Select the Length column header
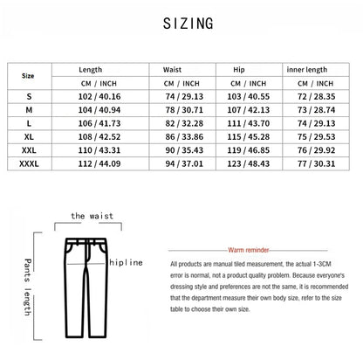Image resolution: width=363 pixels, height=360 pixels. [x=91, y=69]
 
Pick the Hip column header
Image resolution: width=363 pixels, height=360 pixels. [x=240, y=69]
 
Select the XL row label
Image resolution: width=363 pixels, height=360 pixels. [x=31, y=136]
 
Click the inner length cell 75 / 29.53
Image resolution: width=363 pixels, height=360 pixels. [x=318, y=136]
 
